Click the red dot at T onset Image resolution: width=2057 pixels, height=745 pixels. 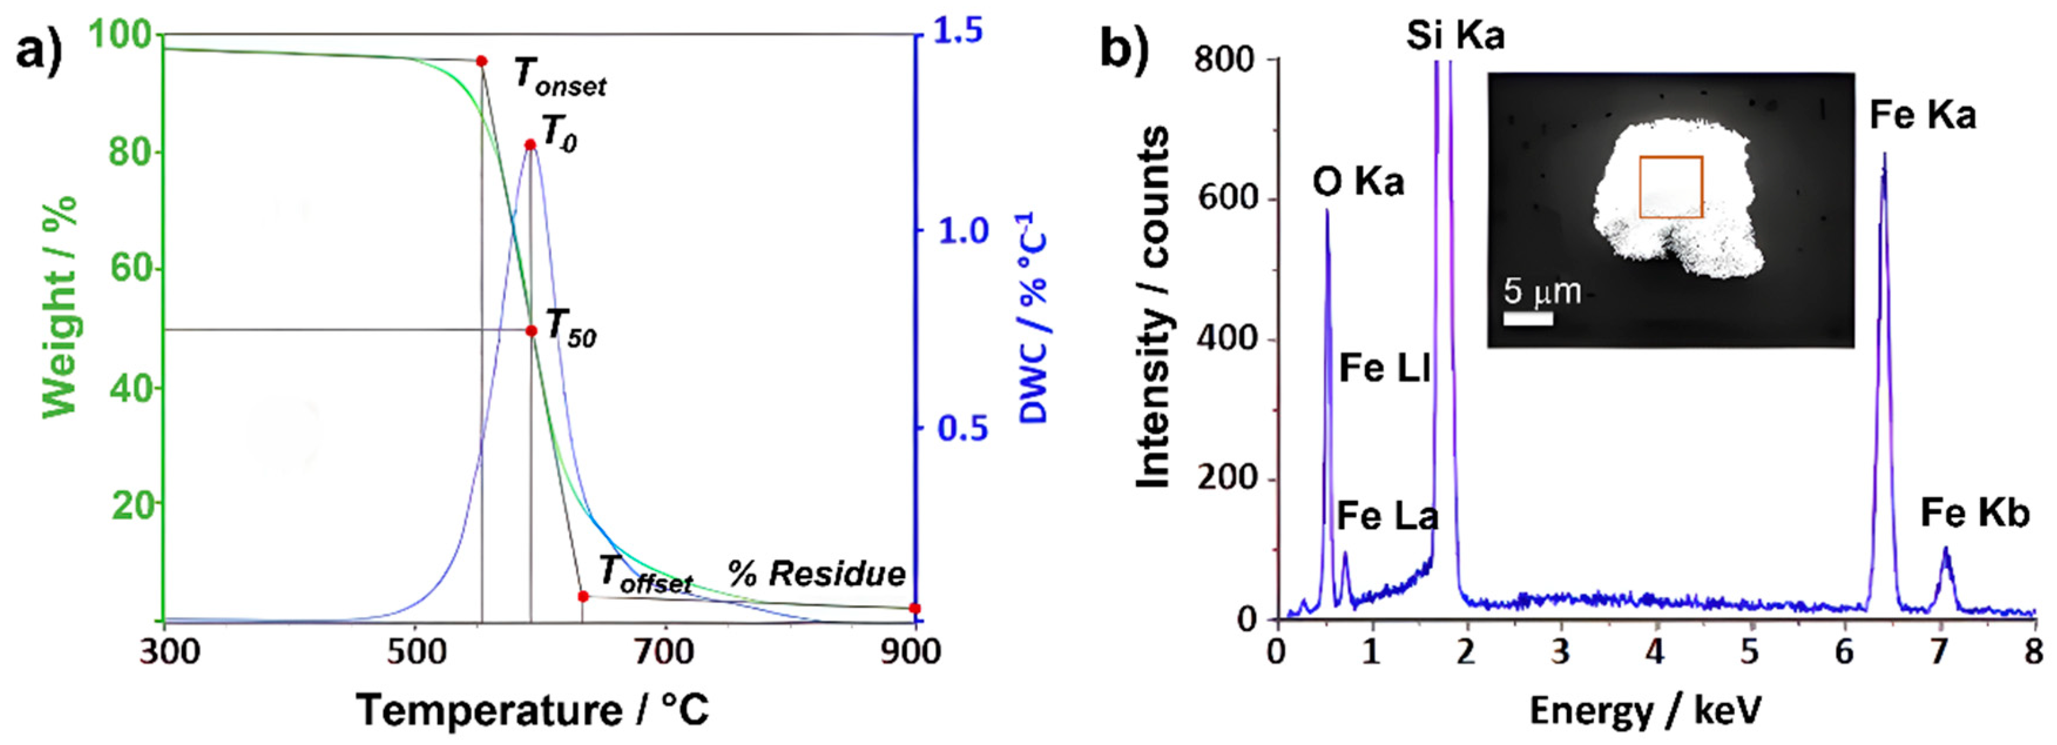pos(481,60)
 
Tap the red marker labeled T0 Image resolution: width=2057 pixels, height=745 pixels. pos(530,144)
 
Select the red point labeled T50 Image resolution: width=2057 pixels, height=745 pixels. pos(532,331)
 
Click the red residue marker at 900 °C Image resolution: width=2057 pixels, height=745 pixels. pos(915,608)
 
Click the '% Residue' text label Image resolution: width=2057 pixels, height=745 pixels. pos(817,574)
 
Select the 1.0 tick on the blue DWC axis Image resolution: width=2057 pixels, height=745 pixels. pos(962,231)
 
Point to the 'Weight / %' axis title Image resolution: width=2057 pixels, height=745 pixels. pos(60,308)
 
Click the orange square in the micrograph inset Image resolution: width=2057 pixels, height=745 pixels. pos(1671,187)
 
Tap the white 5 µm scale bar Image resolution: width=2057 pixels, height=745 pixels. pos(1528,319)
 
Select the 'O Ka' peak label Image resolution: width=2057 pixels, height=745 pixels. pos(1358,183)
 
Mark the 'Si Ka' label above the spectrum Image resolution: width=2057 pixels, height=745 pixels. pos(1455,36)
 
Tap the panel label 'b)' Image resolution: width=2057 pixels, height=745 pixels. pos(1125,49)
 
